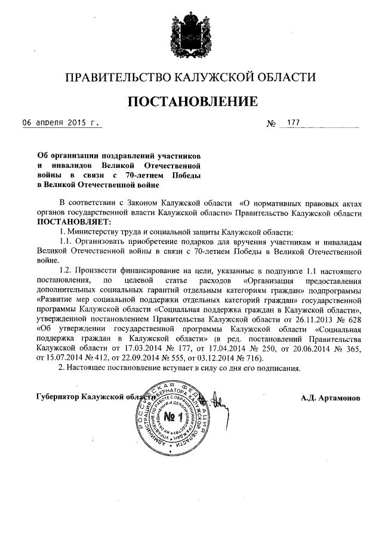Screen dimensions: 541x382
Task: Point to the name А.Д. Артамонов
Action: pos(331,398)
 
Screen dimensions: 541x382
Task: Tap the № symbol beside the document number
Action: pos(271,124)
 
